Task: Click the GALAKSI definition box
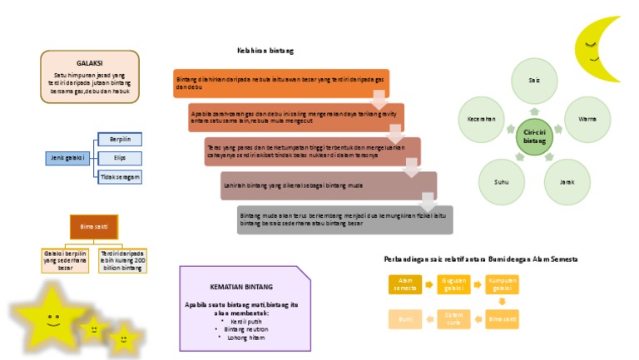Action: pos(90,76)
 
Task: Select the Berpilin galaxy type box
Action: pos(120,138)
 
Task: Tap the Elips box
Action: pos(120,157)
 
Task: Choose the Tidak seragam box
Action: pos(120,177)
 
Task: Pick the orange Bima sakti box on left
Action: pos(93,226)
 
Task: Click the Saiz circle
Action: pos(533,81)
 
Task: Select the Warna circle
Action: pos(587,120)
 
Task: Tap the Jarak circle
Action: pos(567,181)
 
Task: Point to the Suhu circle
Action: pos(501,181)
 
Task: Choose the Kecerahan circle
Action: pos(482,120)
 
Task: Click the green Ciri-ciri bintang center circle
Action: pos(534,137)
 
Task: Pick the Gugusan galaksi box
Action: pos(453,284)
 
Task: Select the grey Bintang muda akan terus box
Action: pos(345,219)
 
